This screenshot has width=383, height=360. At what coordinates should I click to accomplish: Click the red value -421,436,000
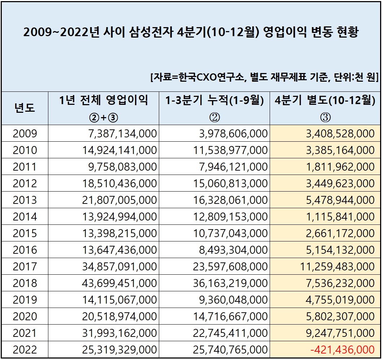pyautogui.click(x=342, y=350)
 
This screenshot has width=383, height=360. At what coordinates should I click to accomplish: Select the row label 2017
pyautogui.click(x=25, y=267)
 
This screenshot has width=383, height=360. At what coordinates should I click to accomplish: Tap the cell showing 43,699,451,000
pyautogui.click(x=119, y=283)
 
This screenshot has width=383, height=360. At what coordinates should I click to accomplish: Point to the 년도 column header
pyautogui.click(x=25, y=108)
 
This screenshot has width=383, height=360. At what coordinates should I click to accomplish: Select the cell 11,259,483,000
pyautogui.click(x=337, y=267)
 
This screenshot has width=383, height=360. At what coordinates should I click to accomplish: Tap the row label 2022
pyautogui.click(x=25, y=350)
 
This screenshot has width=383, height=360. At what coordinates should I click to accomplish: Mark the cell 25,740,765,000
pyautogui.click(x=230, y=350)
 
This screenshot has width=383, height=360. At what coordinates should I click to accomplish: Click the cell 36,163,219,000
pyautogui.click(x=230, y=283)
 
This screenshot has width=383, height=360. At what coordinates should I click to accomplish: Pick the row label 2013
pyautogui.click(x=25, y=200)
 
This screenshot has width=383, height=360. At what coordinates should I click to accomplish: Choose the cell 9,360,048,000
pyautogui.click(x=233, y=300)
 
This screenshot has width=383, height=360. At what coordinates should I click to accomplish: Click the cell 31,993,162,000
pyautogui.click(x=119, y=333)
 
